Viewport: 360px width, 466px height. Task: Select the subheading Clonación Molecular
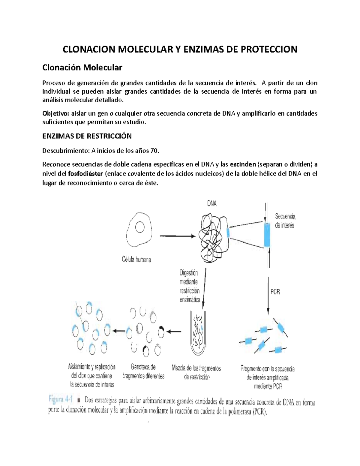82,68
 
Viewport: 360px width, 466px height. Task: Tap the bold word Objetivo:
56,113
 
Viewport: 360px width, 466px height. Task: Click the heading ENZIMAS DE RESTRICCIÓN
87,136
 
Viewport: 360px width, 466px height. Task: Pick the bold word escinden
243,164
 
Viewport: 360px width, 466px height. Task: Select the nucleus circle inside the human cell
139,227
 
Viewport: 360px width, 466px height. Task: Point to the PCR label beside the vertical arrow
275,291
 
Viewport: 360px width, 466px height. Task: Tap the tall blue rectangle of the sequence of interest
267,235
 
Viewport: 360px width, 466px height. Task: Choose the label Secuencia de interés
285,221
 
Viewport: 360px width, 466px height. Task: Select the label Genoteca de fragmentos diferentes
143,371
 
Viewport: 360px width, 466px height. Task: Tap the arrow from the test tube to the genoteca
174,332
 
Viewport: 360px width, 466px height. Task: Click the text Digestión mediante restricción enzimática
189,286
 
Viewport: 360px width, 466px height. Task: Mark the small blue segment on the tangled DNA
228,233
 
